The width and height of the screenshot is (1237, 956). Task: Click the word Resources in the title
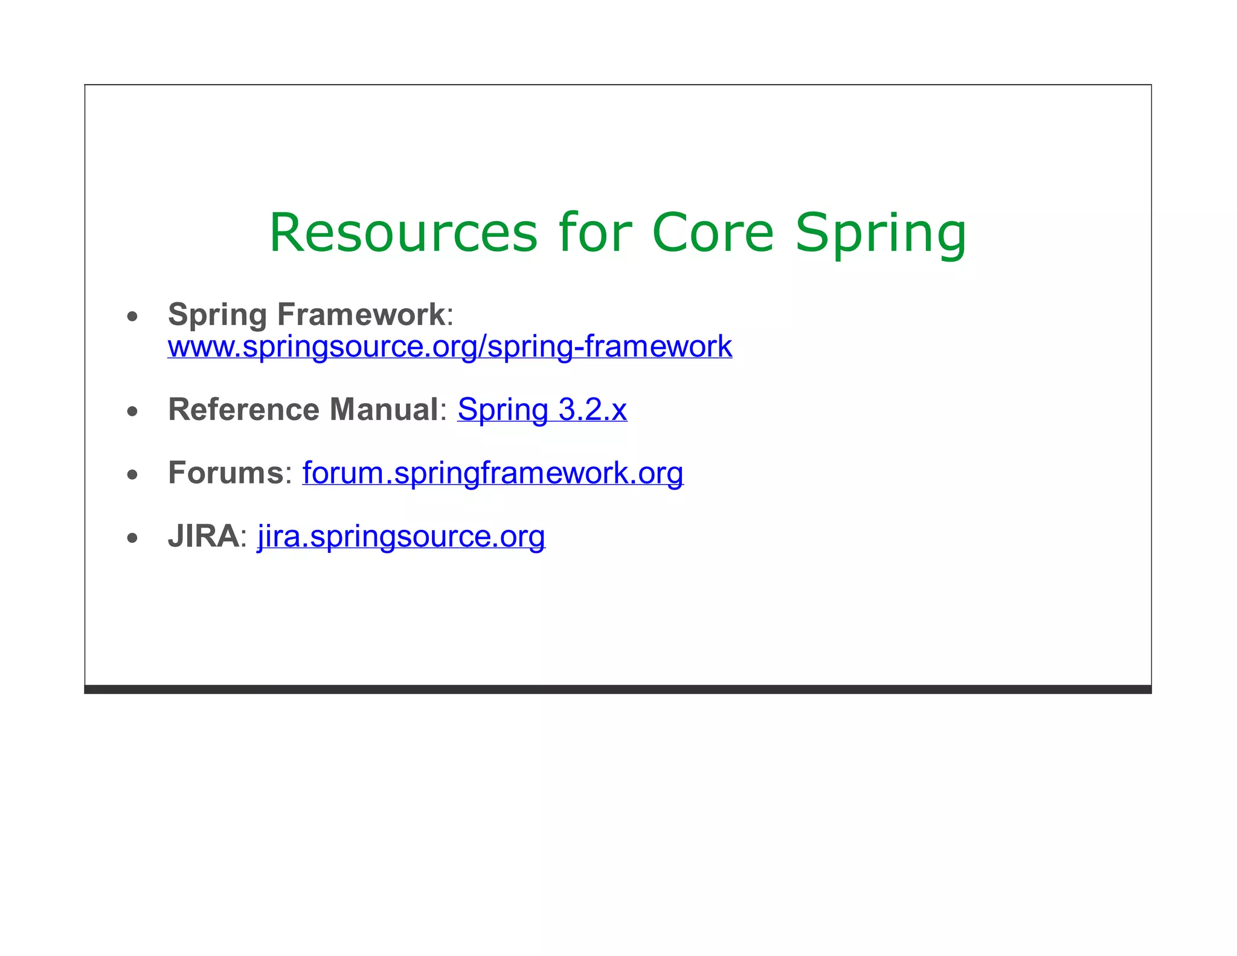[x=403, y=233]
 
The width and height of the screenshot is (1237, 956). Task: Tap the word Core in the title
[x=713, y=233]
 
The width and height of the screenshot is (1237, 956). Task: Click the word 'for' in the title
[x=595, y=233]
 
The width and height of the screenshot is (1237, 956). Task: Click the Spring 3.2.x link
[x=542, y=410]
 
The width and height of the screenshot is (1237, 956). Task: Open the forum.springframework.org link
[x=493, y=473]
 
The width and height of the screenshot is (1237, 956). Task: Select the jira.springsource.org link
[x=401, y=536]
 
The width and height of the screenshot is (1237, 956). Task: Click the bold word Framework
[x=361, y=315]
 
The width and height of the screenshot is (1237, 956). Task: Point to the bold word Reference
[x=238, y=410]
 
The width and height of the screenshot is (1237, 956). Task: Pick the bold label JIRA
[x=204, y=537]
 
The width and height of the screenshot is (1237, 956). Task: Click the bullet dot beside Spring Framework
[x=132, y=316]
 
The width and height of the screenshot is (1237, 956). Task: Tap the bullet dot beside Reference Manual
[x=132, y=412]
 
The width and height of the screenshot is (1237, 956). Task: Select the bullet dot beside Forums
[x=132, y=475]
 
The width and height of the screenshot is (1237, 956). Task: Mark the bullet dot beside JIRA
[x=132, y=538]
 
